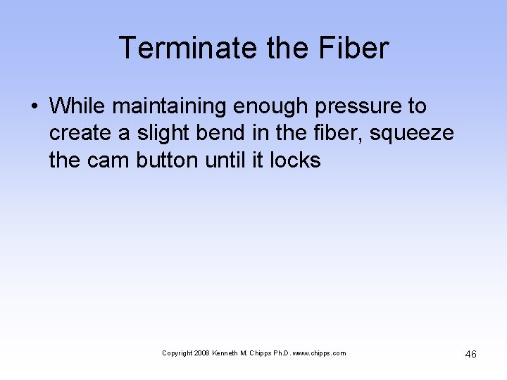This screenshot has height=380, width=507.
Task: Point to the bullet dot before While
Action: (x=35, y=106)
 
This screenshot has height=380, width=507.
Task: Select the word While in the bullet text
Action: (x=78, y=106)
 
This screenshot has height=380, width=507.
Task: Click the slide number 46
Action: (x=470, y=354)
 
